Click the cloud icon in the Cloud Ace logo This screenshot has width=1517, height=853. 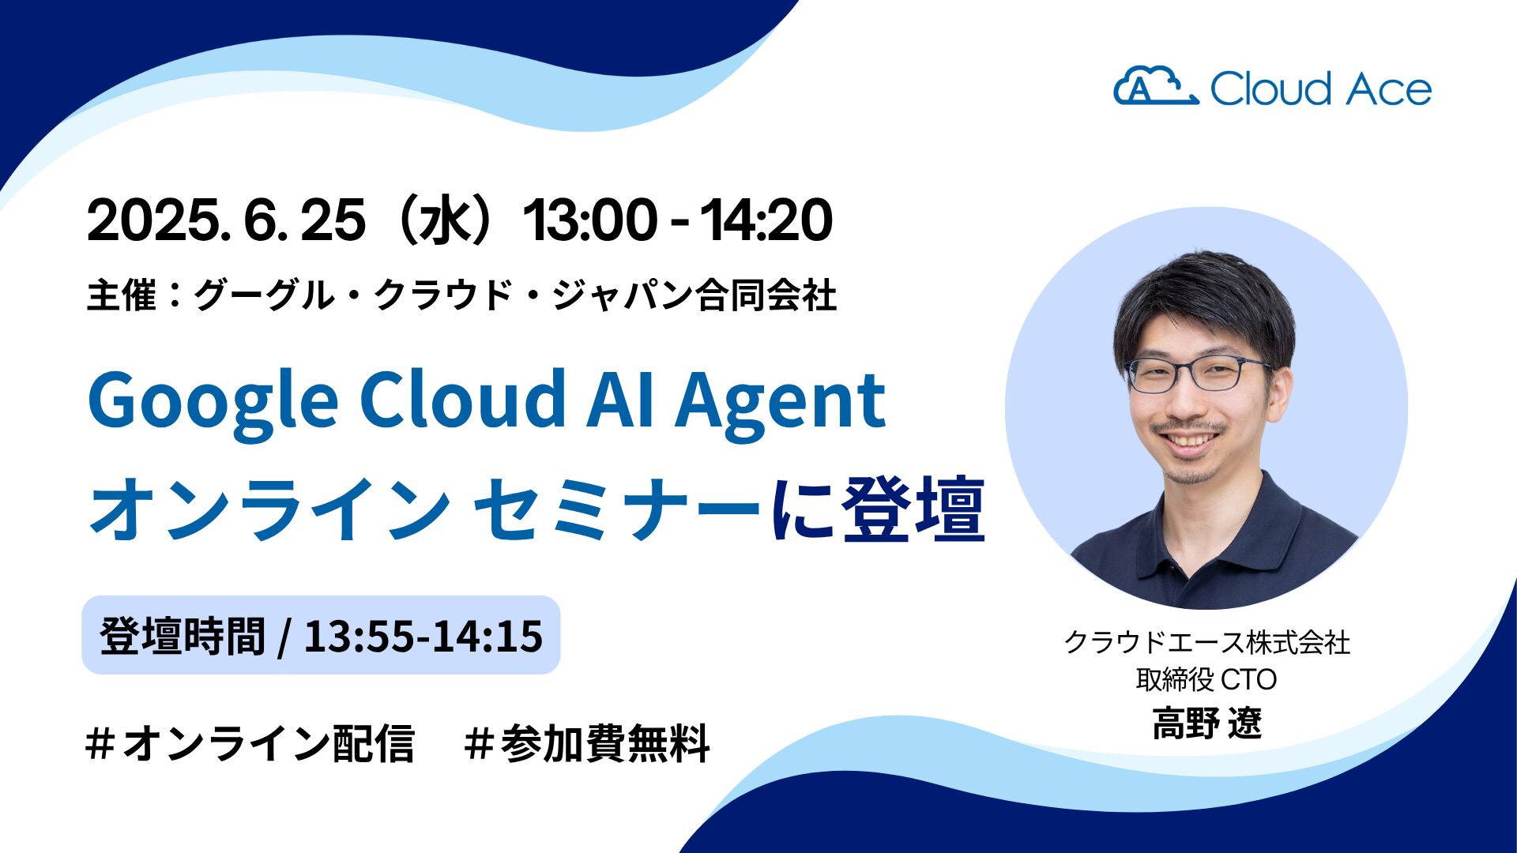pyautogui.click(x=1155, y=86)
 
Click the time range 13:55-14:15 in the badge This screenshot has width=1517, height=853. pyautogui.click(x=423, y=636)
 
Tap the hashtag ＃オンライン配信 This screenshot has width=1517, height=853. pyautogui.click(x=250, y=743)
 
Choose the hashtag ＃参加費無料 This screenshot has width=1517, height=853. pyautogui.click(x=588, y=743)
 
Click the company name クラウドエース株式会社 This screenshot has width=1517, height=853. pyautogui.click(x=1206, y=642)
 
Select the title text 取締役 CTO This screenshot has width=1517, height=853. pyautogui.click(x=1206, y=679)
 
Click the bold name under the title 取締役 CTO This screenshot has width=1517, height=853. pyautogui.click(x=1206, y=723)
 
